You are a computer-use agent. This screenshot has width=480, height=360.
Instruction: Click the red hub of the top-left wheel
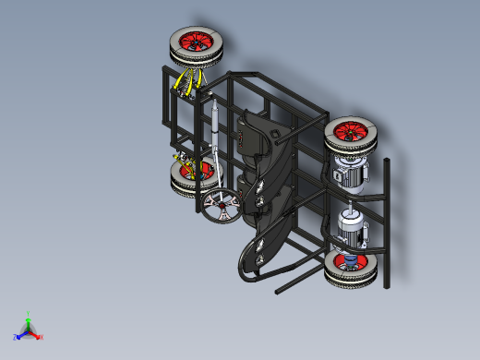tap(197, 42)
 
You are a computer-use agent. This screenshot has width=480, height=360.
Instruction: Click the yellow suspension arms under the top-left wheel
tap(188, 82)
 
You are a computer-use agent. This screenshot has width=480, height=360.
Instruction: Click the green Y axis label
tap(30, 315)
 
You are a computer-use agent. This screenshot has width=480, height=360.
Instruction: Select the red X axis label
tap(42, 337)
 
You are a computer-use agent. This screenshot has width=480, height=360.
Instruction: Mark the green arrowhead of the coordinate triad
tap(29, 320)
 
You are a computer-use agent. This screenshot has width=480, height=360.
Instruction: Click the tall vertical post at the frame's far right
tap(386, 222)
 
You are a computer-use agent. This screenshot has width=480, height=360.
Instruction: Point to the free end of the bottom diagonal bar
tap(278, 293)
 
